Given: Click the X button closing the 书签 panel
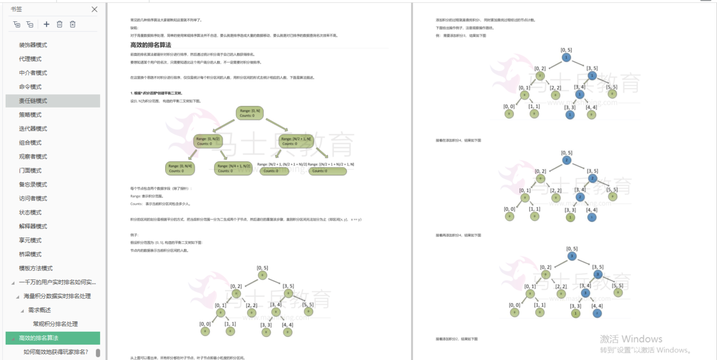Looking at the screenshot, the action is (95, 9).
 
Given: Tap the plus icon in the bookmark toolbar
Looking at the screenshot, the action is (47, 24).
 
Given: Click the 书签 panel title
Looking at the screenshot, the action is (17, 9).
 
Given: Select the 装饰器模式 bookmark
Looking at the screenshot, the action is (33, 45).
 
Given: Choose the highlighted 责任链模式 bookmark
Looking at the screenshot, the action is (33, 101).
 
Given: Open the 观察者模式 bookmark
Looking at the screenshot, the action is (33, 157).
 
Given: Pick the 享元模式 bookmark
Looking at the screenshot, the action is (30, 240).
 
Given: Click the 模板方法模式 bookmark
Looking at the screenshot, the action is (36, 268).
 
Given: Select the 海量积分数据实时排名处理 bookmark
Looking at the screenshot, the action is (57, 296).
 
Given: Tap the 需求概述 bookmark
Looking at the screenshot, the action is (40, 310).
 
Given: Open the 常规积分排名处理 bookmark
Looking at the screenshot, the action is (55, 324).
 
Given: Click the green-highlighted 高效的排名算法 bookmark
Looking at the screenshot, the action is (39, 338).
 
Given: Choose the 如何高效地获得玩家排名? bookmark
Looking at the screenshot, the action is (56, 351).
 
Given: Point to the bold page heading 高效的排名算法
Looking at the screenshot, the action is (151, 45).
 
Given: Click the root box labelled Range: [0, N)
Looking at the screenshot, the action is (250, 113).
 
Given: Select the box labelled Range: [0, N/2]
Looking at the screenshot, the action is (208, 141).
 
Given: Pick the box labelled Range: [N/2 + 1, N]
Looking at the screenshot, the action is (295, 141).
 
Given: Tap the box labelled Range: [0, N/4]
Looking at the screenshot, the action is (180, 168).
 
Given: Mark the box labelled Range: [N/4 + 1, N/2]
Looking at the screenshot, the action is (233, 168).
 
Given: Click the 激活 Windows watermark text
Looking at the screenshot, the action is (631, 339).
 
